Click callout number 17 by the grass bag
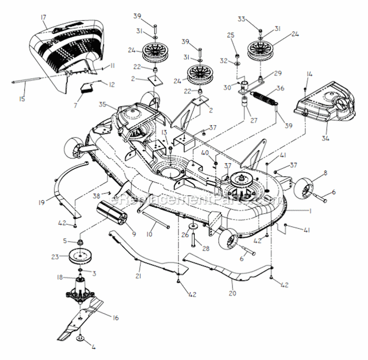(43, 18)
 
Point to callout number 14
(309, 74)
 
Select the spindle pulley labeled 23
(79, 256)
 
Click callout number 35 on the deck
(102, 104)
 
